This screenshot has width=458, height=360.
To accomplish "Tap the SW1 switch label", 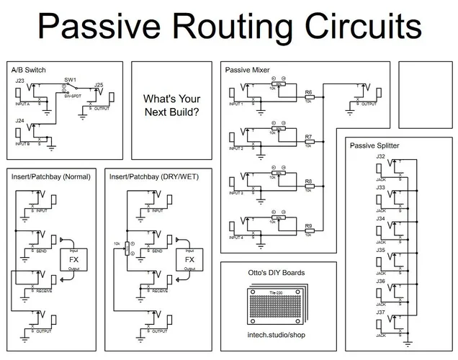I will [x=70, y=78].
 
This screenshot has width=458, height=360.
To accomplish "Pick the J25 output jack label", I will [x=99, y=85].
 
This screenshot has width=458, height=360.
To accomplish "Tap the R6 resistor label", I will [x=308, y=93].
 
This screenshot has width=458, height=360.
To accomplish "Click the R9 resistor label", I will [x=308, y=226].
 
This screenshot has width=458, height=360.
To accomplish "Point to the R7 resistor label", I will [x=308, y=137].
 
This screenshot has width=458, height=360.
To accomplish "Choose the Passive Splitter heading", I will [x=374, y=145].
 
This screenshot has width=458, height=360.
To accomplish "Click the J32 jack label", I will [x=380, y=156].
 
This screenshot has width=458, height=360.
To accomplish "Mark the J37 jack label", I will [x=380, y=312].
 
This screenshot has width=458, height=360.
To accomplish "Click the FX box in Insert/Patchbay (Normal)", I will [x=74, y=259].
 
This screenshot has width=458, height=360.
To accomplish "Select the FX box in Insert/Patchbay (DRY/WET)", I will [x=190, y=259].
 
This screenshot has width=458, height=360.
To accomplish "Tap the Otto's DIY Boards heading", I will [x=276, y=273].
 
